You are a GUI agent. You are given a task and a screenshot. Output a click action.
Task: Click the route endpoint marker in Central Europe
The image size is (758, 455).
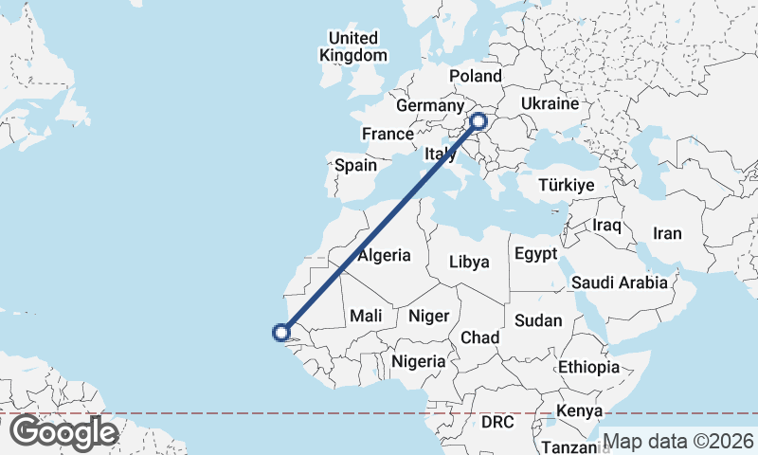pyautogui.click(x=478, y=121)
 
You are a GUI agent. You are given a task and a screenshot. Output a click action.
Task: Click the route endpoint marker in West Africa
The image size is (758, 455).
pyautogui.click(x=280, y=332)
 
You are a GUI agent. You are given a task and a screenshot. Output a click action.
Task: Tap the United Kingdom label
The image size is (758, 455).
pyautogui.click(x=352, y=46)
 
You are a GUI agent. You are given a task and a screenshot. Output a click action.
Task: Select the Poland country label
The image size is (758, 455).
pyautogui.click(x=476, y=76)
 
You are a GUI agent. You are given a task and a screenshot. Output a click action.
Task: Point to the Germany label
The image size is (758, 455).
pyautogui.click(x=428, y=105)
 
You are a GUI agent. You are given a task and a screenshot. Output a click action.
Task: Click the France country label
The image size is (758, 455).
pyautogui.click(x=388, y=134)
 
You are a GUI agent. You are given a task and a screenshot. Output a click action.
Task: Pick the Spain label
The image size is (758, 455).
pyautogui.click(x=356, y=165)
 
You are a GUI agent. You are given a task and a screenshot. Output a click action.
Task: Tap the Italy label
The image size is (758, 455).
pyautogui.click(x=441, y=154)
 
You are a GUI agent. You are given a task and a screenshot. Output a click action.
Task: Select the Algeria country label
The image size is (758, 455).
pyautogui.click(x=384, y=255)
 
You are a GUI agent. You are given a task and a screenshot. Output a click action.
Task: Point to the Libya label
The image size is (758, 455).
pyautogui.click(x=469, y=261)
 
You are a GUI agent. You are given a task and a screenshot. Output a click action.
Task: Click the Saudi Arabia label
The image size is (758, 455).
pyautogui.click(x=621, y=282)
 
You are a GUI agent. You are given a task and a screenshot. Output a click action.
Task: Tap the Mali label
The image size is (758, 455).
pyautogui.click(x=366, y=316)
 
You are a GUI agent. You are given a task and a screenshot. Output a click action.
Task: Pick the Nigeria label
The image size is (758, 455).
pyautogui.click(x=418, y=360)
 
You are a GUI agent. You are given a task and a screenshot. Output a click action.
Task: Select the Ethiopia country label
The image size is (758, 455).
pyautogui.click(x=588, y=366)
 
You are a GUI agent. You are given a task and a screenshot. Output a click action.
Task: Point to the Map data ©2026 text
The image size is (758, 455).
pyautogui.click(x=678, y=441)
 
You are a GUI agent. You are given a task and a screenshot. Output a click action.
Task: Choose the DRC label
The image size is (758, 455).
pyautogui.click(x=496, y=420)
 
